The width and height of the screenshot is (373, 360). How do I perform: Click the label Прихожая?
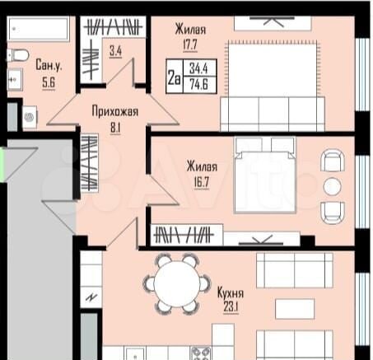click(114, 112)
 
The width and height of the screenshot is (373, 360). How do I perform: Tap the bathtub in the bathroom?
click(40, 30)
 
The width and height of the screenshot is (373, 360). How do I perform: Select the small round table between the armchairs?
click(333, 185)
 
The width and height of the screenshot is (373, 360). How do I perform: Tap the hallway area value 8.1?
click(114, 128)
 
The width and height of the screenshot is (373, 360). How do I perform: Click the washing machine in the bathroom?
click(30, 117)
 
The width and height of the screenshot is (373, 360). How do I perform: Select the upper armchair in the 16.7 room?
click(332, 160)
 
